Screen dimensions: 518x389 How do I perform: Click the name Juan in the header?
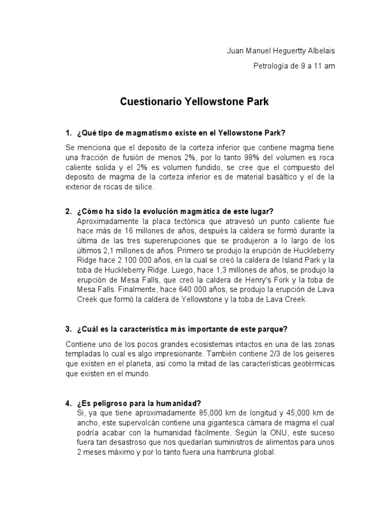pyautogui.click(x=234, y=51)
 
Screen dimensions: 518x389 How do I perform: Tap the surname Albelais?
pyautogui.click(x=318, y=51)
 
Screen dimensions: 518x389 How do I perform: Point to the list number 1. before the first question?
pyautogui.click(x=68, y=133)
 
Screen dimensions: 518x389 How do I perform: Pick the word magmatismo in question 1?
pyautogui.click(x=148, y=133)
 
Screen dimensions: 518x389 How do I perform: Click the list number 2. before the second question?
pyautogui.click(x=68, y=211)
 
